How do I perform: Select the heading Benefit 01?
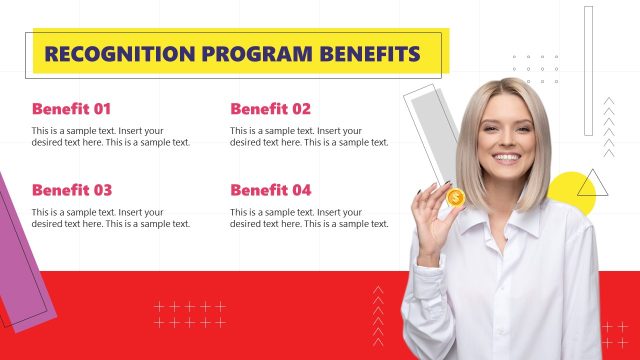coord(71,109)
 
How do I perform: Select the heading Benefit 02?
coord(270,109)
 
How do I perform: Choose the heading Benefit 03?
coord(71,190)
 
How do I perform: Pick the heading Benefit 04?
coord(270,190)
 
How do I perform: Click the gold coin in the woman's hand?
coord(455,198)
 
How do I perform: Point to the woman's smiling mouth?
coord(507,158)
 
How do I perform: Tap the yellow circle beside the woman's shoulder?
coord(577,196)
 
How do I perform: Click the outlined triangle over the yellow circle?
coord(592,184)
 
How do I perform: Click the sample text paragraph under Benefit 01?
coord(110,137)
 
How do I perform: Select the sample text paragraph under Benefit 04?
coord(309,218)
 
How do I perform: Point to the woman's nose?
coord(506,140)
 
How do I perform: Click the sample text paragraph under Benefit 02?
coord(309,137)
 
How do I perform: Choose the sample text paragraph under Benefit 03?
coord(110,218)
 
